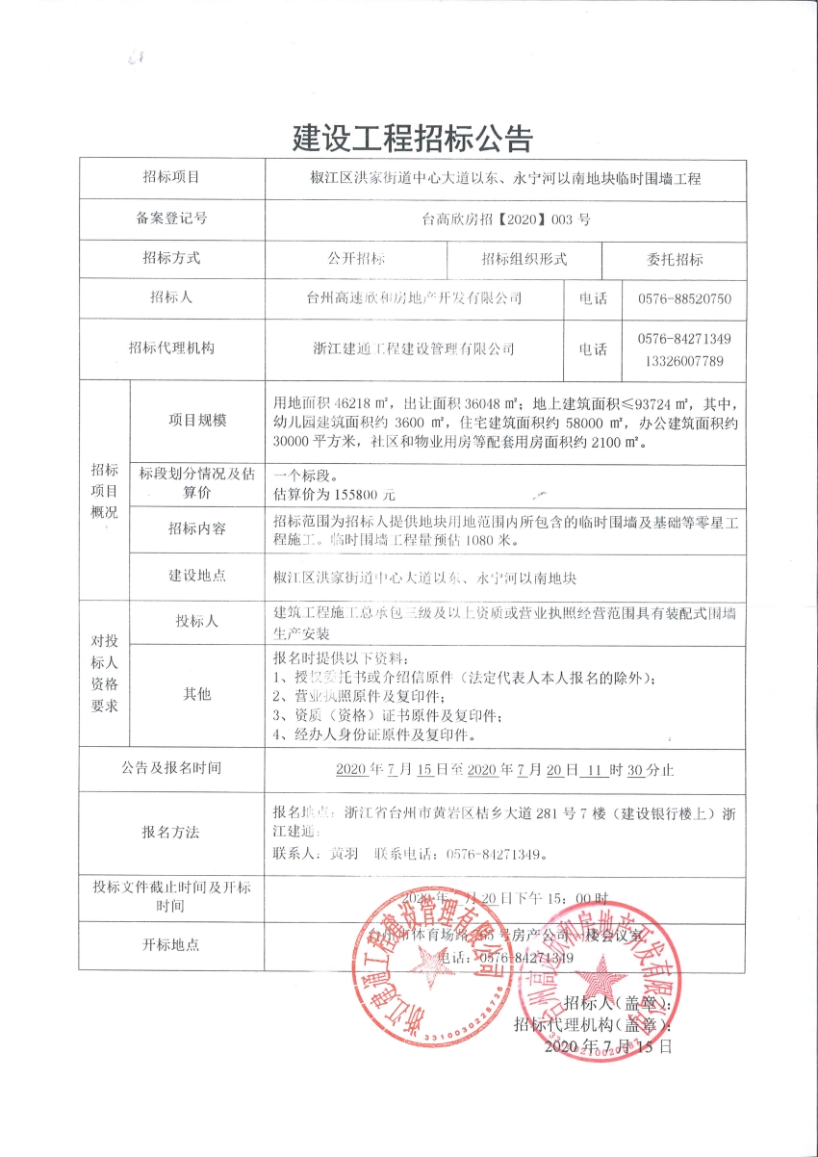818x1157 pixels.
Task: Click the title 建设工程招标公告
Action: [412, 139]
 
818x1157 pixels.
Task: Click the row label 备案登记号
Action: [171, 219]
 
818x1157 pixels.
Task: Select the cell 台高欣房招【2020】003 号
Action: [506, 219]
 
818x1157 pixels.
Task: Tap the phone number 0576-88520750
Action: [684, 298]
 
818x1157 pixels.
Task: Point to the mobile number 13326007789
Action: [684, 360]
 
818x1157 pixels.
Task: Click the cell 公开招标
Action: [356, 259]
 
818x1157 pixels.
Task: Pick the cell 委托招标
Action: [674, 259]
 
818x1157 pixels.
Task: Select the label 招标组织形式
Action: [524, 259]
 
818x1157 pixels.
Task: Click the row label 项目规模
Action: [197, 420]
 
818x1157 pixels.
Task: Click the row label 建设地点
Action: [197, 576]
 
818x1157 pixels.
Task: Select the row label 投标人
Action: [197, 621]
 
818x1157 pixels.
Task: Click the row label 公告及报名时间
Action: [171, 768]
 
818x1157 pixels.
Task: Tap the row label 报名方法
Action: [171, 832]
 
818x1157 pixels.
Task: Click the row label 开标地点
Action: [171, 944]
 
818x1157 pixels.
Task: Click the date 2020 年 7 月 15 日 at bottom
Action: [608, 1044]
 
